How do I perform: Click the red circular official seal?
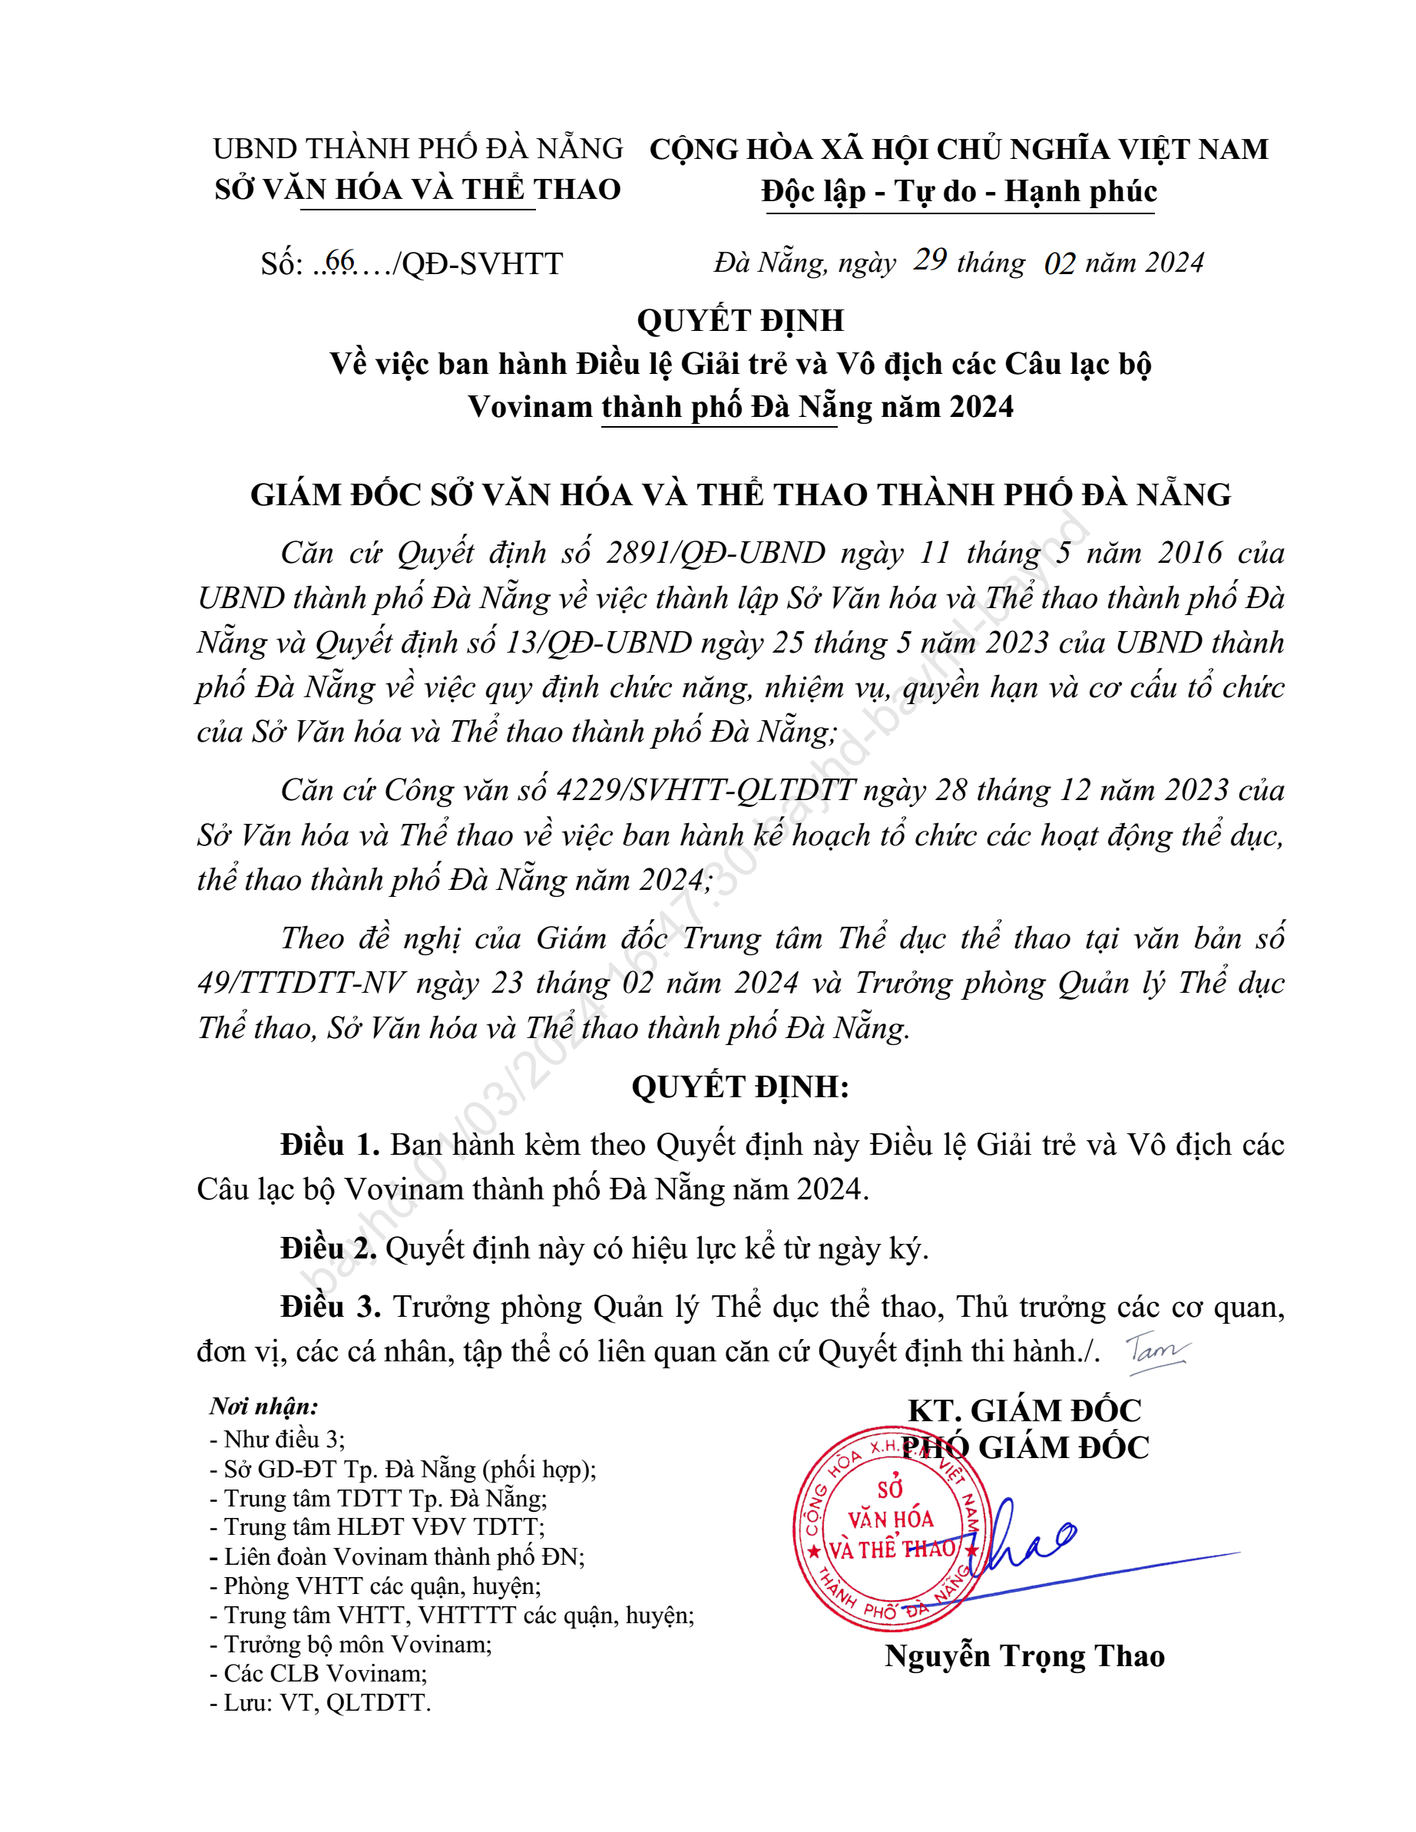pyautogui.click(x=889, y=1529)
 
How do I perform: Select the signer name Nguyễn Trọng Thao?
pyautogui.click(x=1024, y=1656)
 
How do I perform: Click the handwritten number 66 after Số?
pyautogui.click(x=339, y=261)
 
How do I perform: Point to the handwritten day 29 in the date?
pyautogui.click(x=930, y=260)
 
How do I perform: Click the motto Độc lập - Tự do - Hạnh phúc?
pyautogui.click(x=959, y=191)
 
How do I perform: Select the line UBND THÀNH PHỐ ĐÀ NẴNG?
pyautogui.click(x=418, y=148)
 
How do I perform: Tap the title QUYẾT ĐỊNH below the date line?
pyautogui.click(x=740, y=320)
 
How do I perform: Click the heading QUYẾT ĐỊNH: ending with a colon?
pyautogui.click(x=740, y=1086)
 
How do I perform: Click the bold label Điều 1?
pyautogui.click(x=329, y=1144)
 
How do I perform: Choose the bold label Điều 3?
pyautogui.click(x=329, y=1307)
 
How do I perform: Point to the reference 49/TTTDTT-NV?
pyautogui.click(x=301, y=983)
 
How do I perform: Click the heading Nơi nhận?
pyautogui.click(x=263, y=1407)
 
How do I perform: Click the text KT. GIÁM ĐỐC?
pyautogui.click(x=1024, y=1411)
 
